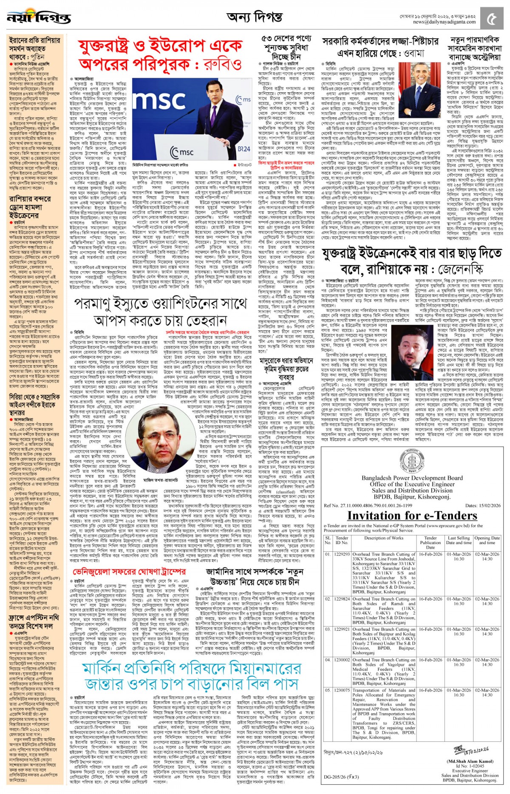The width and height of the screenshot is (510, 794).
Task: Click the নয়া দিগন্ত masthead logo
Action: [x=39, y=17]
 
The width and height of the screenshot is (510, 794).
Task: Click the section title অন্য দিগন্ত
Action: [x=254, y=17]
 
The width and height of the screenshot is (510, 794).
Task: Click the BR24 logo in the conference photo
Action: [x=244, y=149]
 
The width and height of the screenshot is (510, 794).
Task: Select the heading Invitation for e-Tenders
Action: [x=412, y=515]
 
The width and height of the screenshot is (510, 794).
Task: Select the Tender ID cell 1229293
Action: [x=342, y=554]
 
